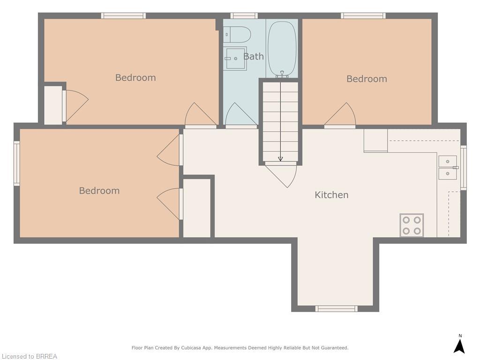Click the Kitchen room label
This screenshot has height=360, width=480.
click(x=331, y=195)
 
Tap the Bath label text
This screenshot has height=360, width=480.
click(x=254, y=56)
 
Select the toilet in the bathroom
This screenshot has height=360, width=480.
click(x=237, y=34)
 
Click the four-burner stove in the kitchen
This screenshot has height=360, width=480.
click(x=412, y=225)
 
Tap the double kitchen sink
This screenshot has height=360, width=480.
click(x=447, y=167)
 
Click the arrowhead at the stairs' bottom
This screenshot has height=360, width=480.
click(x=280, y=158)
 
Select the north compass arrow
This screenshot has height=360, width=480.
click(x=459, y=345)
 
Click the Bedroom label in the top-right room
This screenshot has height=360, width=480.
click(x=367, y=79)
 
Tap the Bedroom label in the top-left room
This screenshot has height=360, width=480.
click(x=135, y=77)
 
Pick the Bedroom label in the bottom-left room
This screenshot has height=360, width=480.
click(x=99, y=190)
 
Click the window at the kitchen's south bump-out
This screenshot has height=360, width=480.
click(x=336, y=308)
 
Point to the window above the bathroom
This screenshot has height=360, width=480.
click(x=244, y=16)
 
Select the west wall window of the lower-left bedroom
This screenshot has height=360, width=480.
click(x=17, y=164)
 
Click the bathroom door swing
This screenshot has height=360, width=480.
click(x=241, y=115)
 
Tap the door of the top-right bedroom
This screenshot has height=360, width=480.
click(x=340, y=115)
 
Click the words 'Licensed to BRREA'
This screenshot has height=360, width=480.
click(x=29, y=356)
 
